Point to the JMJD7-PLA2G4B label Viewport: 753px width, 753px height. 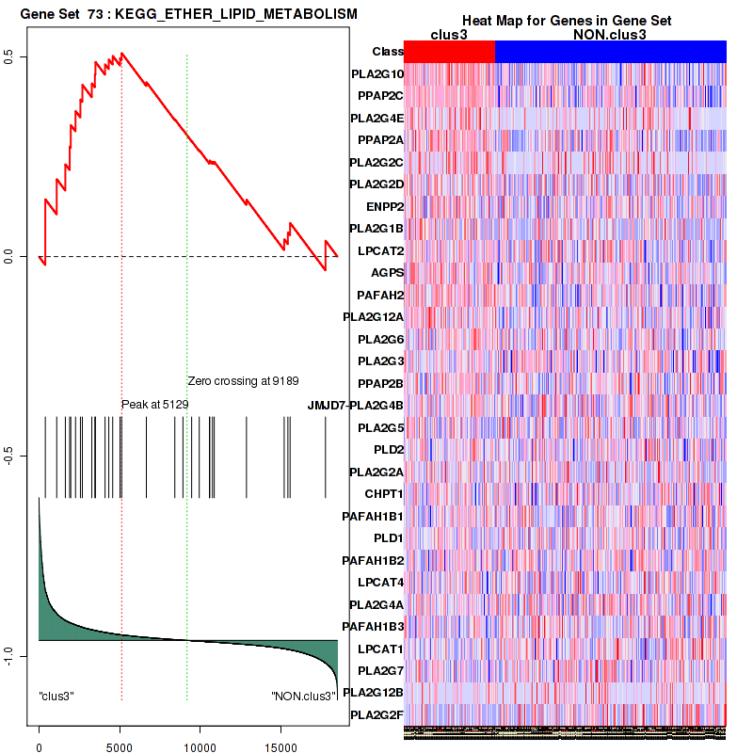(355, 406)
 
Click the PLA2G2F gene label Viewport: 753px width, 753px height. (376, 715)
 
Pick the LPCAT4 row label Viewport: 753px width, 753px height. (380, 583)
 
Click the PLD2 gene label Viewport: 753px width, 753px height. (389, 449)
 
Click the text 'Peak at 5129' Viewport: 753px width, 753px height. (155, 404)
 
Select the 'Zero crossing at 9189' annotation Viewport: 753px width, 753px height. (243, 381)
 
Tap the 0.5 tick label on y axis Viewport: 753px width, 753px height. (8, 57)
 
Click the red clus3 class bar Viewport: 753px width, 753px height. (449, 52)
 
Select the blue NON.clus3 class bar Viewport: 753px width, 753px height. (610, 52)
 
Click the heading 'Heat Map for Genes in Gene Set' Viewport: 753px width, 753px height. (566, 21)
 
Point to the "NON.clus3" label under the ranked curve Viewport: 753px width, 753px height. (303, 697)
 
